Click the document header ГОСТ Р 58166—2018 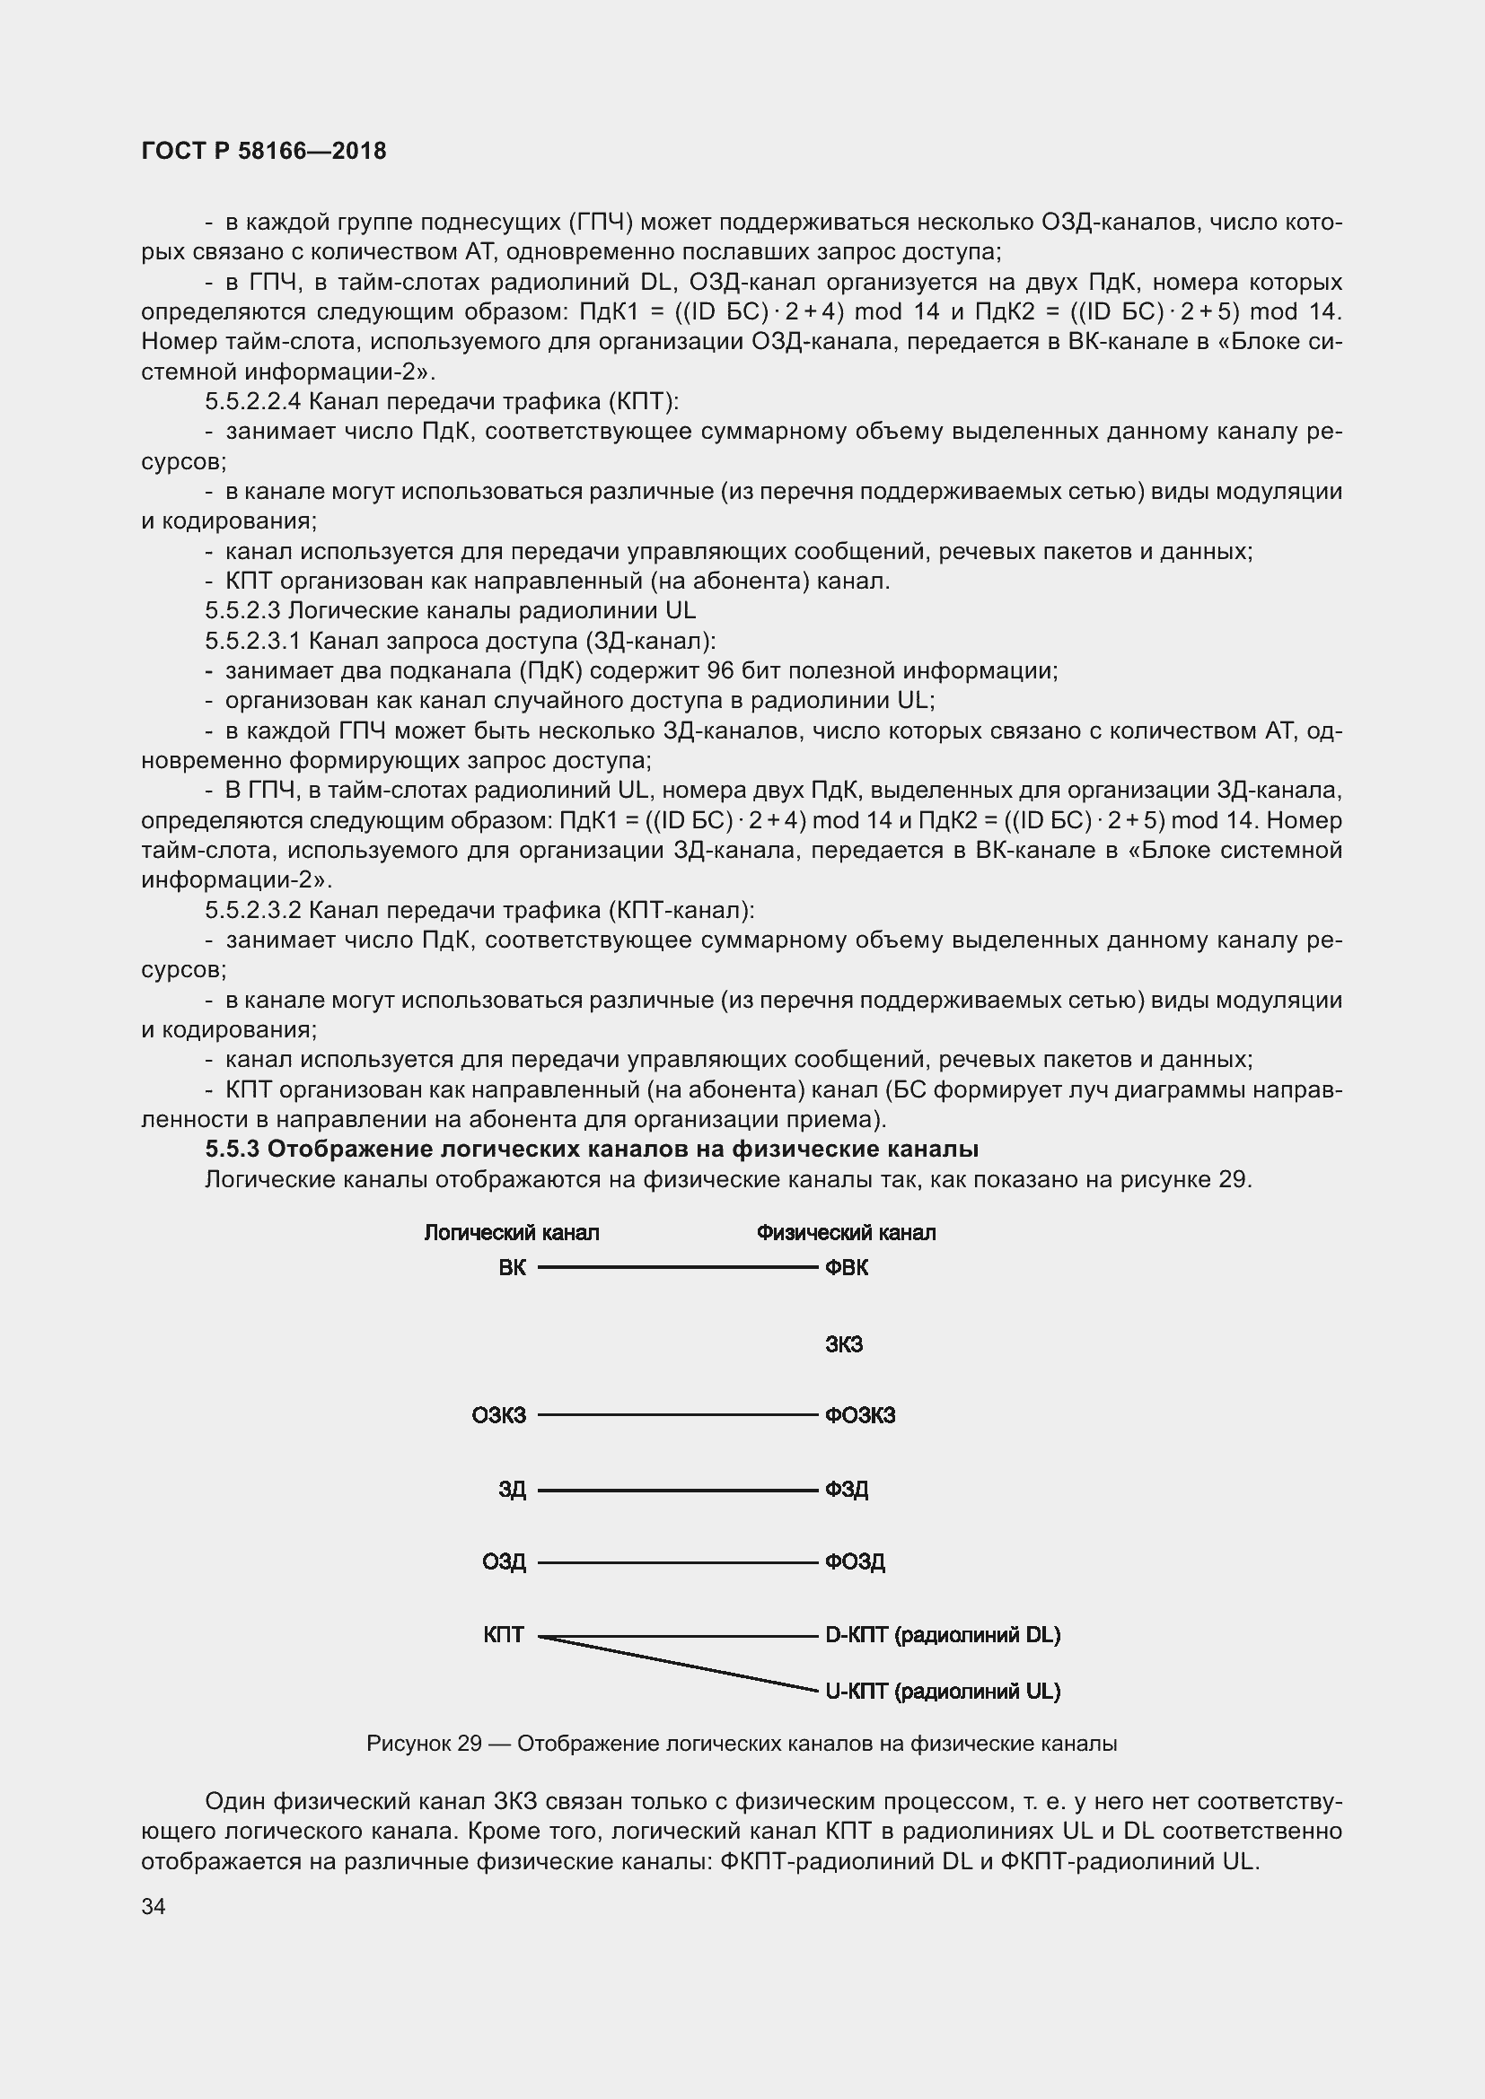pos(264,151)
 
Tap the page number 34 pos(154,1906)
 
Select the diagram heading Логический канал pos(511,1232)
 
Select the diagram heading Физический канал pos(846,1232)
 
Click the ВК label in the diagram pos(512,1267)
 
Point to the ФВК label pos(847,1267)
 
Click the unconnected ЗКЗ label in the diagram pos(844,1344)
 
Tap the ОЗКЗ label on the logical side pos(499,1415)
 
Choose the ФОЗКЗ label pos(859,1415)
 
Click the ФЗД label pos(847,1490)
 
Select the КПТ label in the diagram pos(504,1633)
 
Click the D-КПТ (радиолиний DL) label pos(943,1633)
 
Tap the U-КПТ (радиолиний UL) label pos(943,1692)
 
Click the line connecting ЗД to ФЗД pos(677,1491)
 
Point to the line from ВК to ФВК pos(677,1267)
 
